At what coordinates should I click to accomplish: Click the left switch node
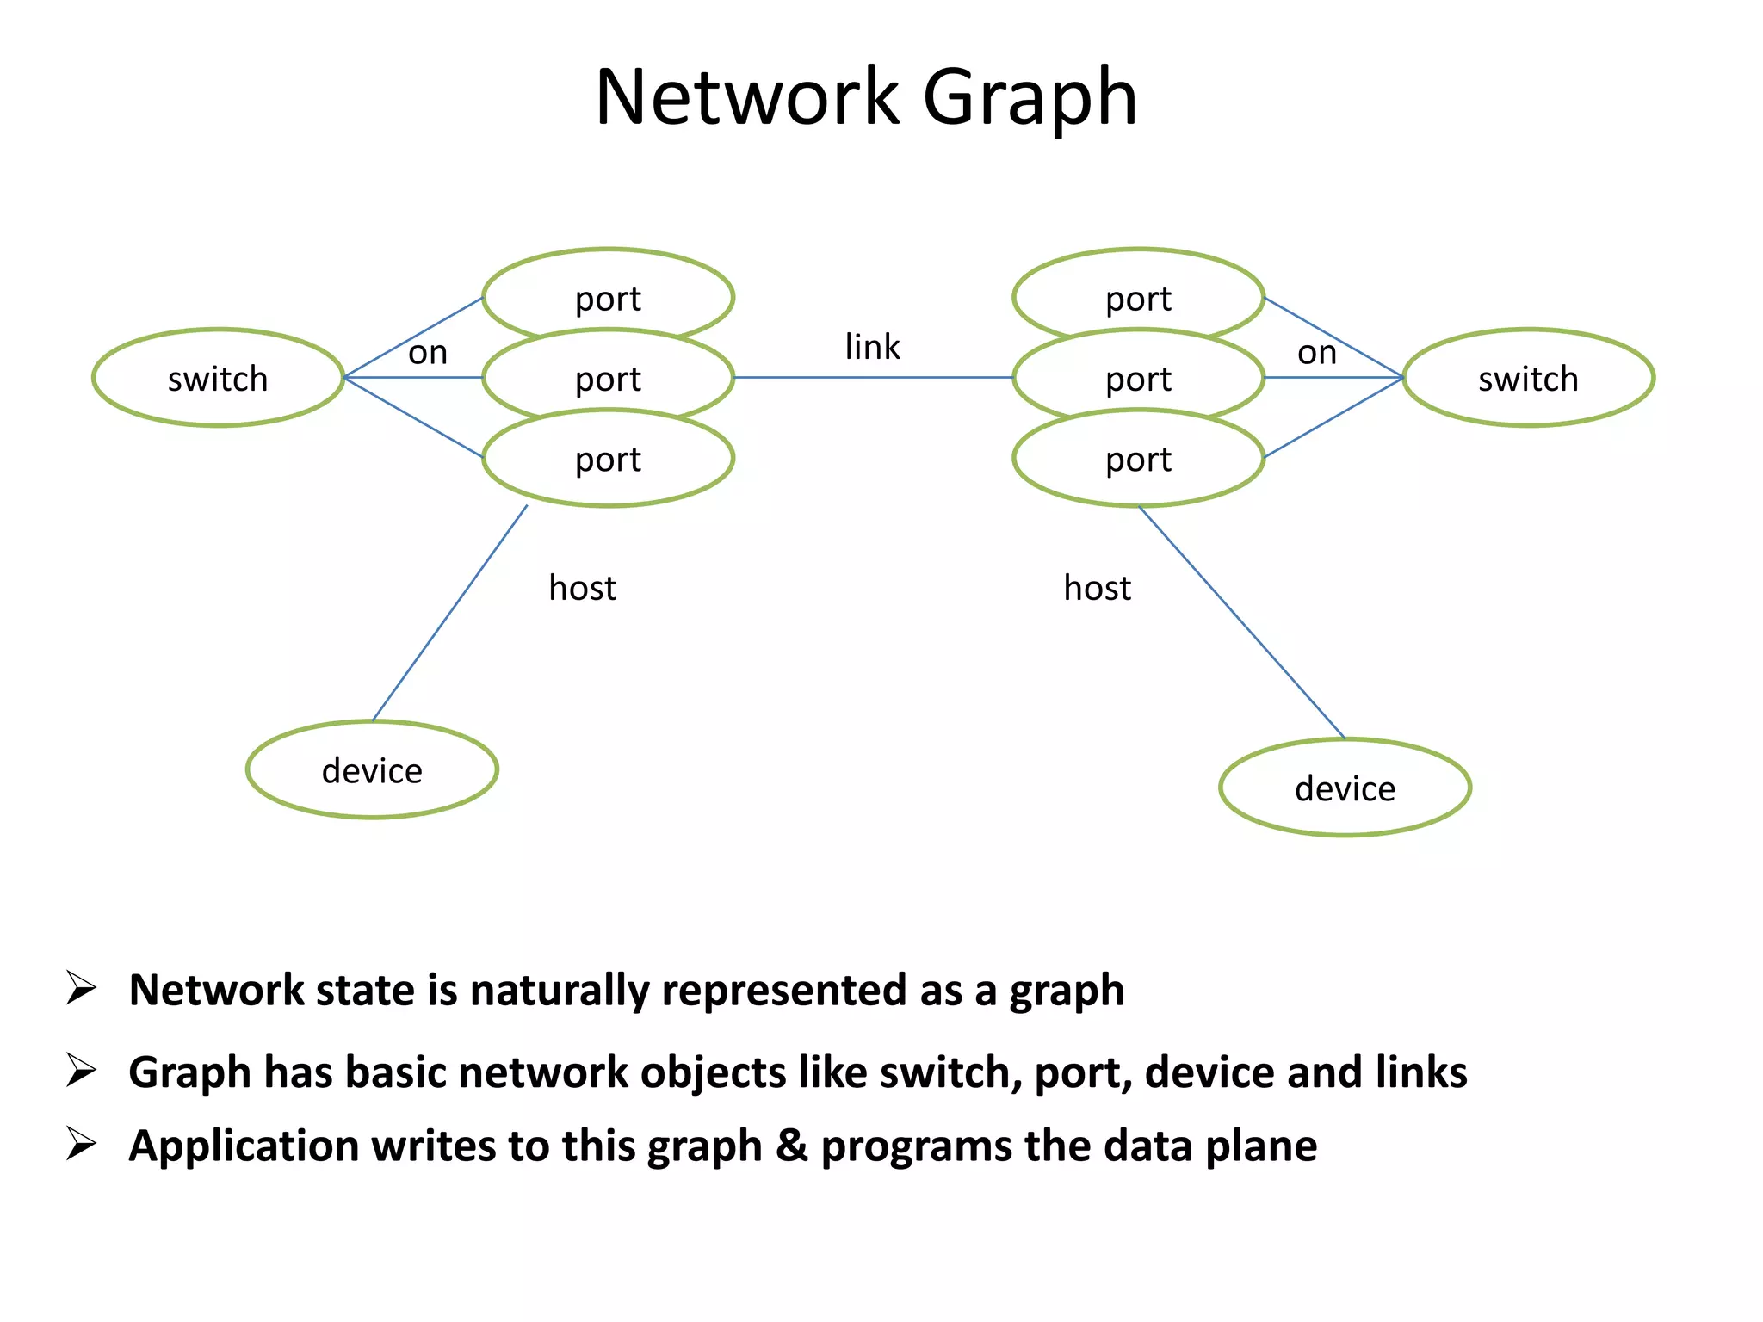[218, 378]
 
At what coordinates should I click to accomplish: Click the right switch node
[1528, 378]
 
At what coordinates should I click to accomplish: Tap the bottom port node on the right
[1138, 460]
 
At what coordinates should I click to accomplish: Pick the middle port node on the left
[608, 379]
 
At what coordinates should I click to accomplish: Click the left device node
[372, 770]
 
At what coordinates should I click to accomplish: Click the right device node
[1345, 788]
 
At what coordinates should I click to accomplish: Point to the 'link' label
[871, 347]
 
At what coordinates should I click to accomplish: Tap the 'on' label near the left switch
[428, 353]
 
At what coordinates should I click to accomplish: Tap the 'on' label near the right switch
[1316, 353]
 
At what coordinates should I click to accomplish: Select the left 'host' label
[583, 588]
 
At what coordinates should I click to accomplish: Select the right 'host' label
[1097, 588]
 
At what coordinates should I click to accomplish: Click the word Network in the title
[746, 96]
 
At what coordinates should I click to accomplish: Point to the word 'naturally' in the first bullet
[560, 991]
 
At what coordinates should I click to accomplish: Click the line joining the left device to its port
[449, 613]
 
